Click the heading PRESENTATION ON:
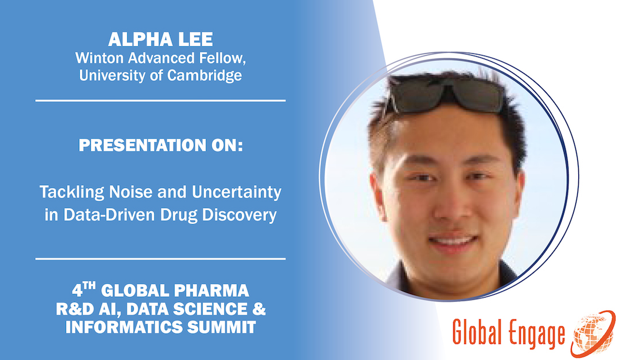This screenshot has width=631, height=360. coord(160,146)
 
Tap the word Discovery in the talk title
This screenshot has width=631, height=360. coord(237,216)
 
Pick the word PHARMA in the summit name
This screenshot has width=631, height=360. coord(215,288)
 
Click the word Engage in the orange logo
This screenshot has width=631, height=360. coord(536,334)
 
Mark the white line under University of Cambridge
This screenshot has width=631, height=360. coord(160,100)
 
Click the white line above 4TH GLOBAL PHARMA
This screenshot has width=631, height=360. coord(160,259)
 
